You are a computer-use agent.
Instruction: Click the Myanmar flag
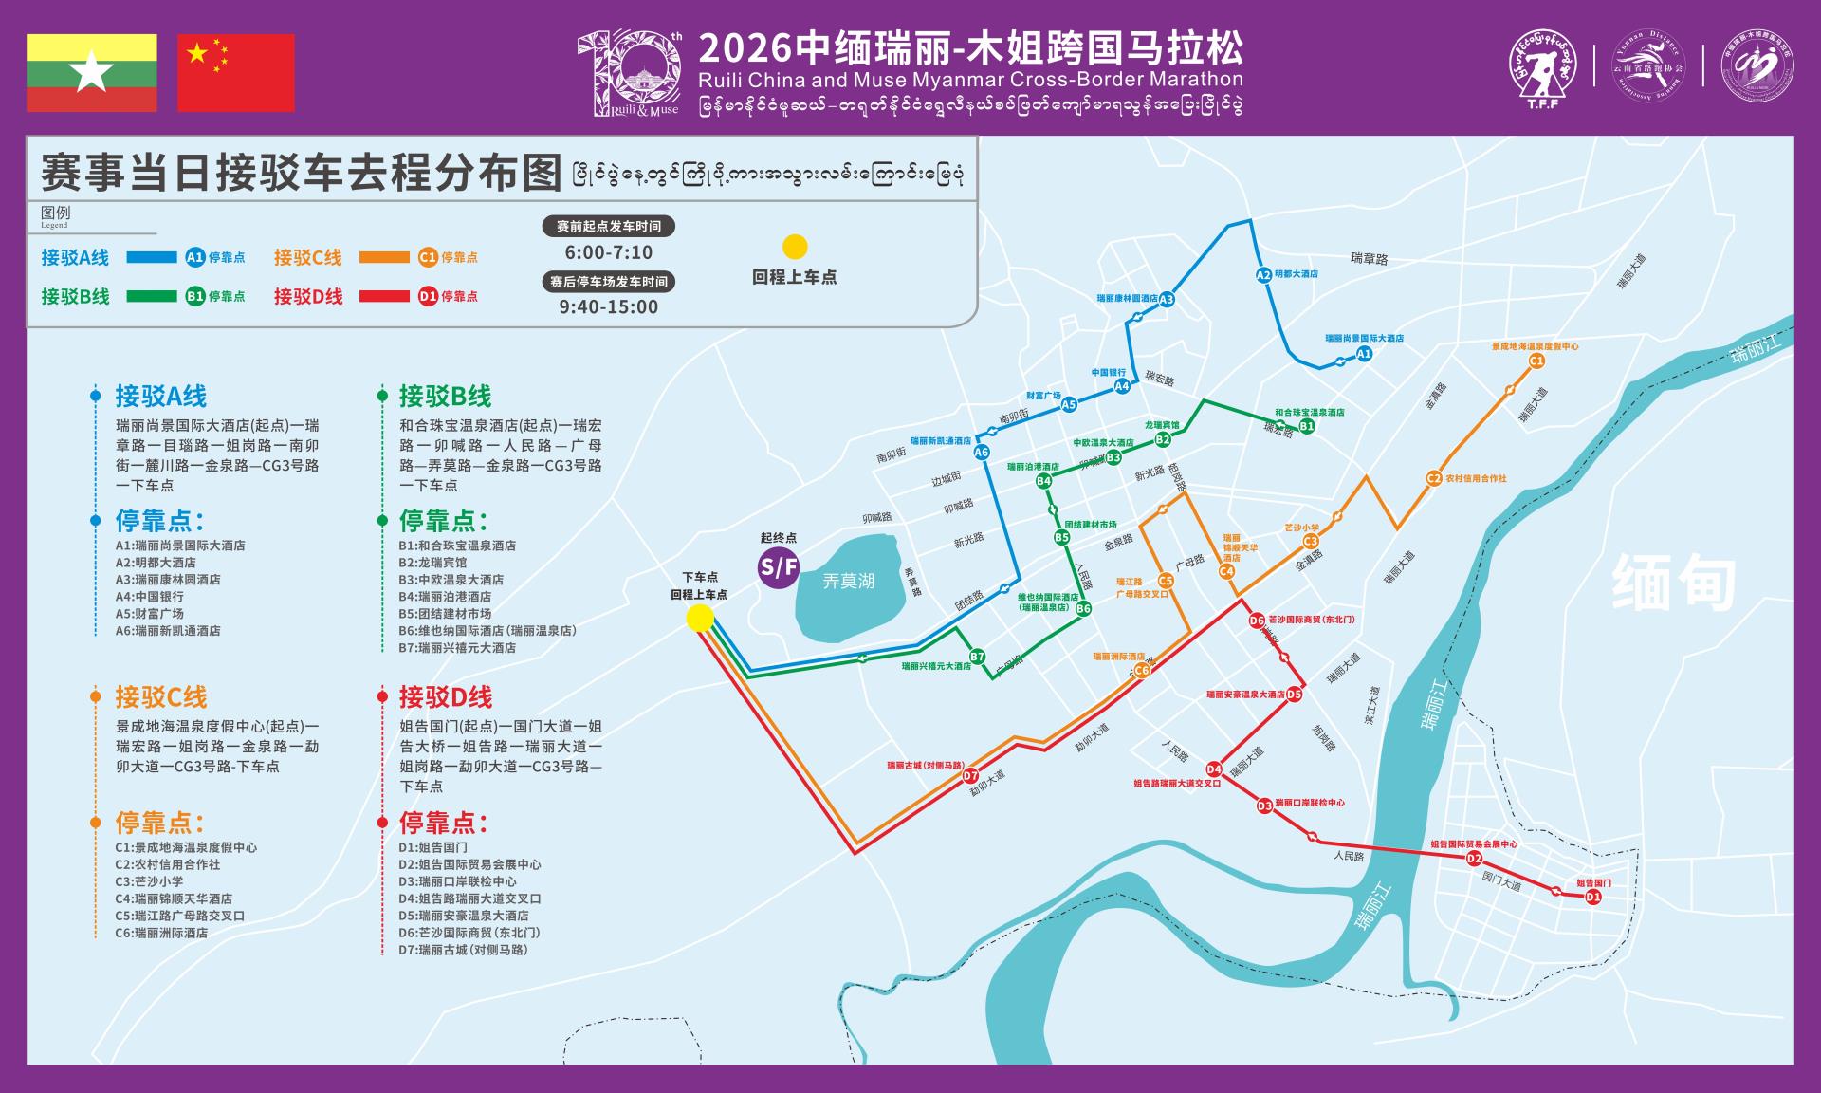tap(92, 73)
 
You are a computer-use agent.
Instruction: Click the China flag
tap(236, 73)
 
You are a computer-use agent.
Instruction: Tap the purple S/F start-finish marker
tap(778, 567)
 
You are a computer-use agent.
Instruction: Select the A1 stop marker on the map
tap(1364, 354)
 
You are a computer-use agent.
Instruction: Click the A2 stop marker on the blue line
tap(1262, 275)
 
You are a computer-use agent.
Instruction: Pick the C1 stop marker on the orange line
tap(1536, 361)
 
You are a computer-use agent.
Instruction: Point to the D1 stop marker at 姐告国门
tap(1593, 897)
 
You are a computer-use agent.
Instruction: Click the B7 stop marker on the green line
tap(977, 657)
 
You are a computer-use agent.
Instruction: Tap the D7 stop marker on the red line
tap(970, 776)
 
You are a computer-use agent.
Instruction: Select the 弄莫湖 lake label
tap(848, 581)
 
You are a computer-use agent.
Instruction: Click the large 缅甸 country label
tap(1674, 582)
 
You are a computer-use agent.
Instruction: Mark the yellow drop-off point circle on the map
tap(700, 619)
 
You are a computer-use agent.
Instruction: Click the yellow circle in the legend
tap(794, 247)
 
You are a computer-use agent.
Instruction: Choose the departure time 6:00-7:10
tap(608, 252)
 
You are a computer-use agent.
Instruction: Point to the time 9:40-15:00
tap(608, 306)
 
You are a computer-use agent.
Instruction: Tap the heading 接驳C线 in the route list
tap(161, 697)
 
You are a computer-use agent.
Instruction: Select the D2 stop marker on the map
tap(1474, 859)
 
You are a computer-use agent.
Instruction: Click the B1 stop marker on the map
tap(1307, 427)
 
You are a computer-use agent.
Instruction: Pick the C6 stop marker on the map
tap(1142, 671)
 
